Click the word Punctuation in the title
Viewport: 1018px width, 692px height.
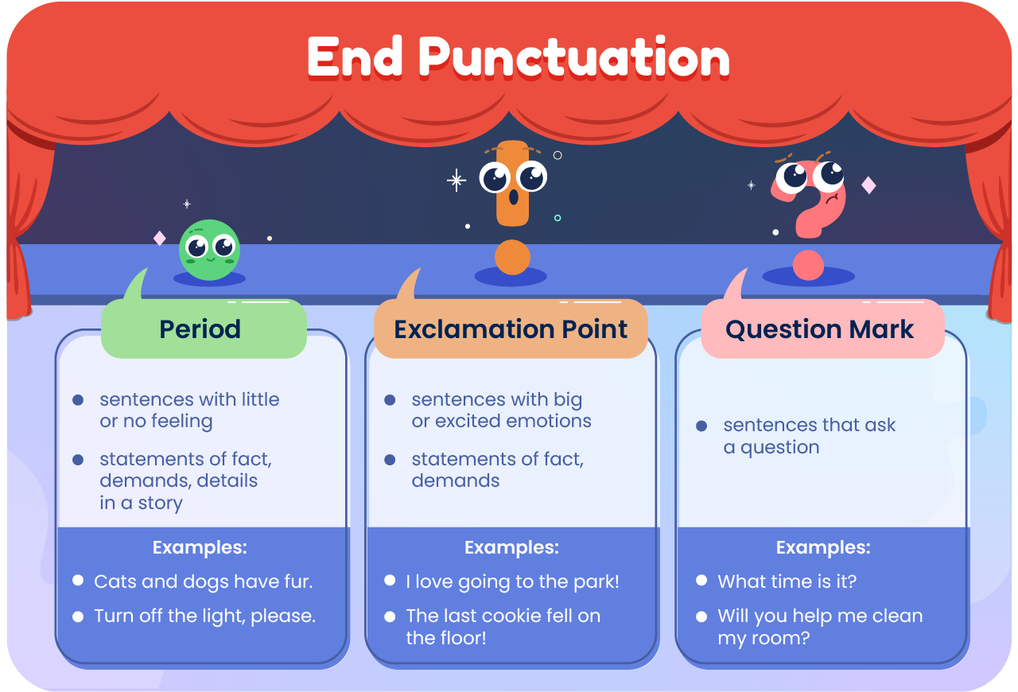574,57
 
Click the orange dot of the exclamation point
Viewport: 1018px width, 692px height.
512,258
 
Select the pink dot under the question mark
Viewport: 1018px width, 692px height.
808,265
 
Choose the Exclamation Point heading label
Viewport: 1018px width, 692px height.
511,329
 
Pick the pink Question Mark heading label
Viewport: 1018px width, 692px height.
820,329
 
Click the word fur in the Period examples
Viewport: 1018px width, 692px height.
297,581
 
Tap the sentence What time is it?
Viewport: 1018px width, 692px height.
787,581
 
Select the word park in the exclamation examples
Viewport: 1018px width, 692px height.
596,581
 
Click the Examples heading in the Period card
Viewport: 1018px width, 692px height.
200,547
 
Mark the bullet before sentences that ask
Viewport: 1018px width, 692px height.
701,426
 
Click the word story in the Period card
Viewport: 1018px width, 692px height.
161,503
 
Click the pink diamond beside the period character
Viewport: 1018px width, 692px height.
160,238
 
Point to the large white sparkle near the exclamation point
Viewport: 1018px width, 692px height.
457,181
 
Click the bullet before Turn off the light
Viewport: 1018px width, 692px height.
78,616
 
